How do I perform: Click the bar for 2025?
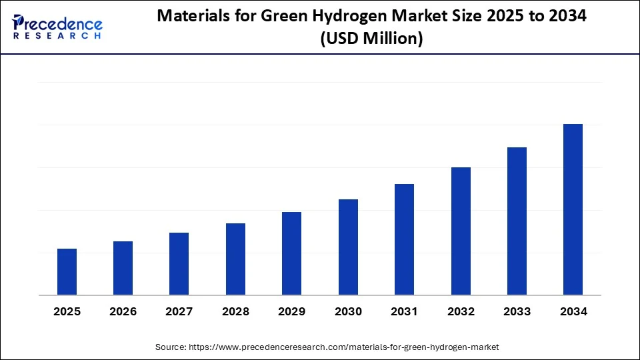tap(67, 272)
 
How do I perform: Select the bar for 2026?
tap(123, 268)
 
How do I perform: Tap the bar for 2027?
tap(179, 264)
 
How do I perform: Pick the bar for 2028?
tap(235, 259)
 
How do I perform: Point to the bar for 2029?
tap(291, 253)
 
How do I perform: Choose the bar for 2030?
tap(348, 247)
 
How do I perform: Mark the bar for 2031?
tap(404, 239)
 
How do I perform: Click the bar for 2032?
tap(461, 231)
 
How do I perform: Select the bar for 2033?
tap(517, 221)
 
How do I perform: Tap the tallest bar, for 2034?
tap(573, 209)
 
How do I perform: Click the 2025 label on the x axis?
tap(67, 311)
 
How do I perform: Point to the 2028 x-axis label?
tap(235, 311)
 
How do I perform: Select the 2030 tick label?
tap(348, 311)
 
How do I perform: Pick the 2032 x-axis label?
tap(461, 311)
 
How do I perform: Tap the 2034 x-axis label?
tap(573, 311)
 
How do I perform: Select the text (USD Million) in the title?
tap(371, 39)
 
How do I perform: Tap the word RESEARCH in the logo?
tap(57, 35)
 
